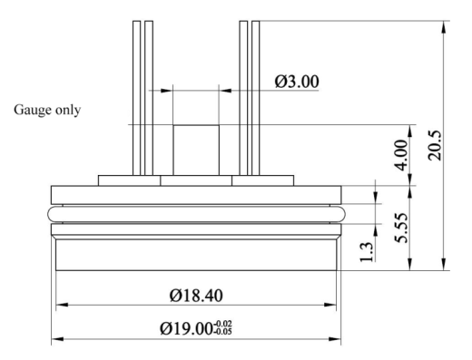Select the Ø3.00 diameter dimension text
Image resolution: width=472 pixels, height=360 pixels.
(297, 82)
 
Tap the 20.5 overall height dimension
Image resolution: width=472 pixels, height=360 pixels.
(460, 144)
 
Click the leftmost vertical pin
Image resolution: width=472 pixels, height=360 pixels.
(136, 95)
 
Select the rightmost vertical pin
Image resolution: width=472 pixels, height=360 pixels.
(256, 95)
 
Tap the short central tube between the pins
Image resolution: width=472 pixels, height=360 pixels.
(196, 150)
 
